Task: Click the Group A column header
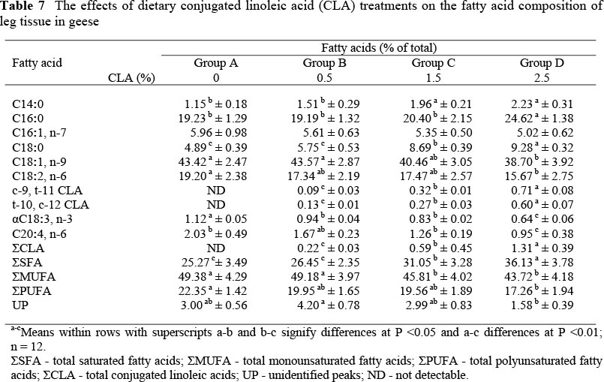pyautogui.click(x=215, y=62)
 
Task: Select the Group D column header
pyautogui.click(x=541, y=62)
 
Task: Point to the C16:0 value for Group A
pyautogui.click(x=215, y=117)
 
